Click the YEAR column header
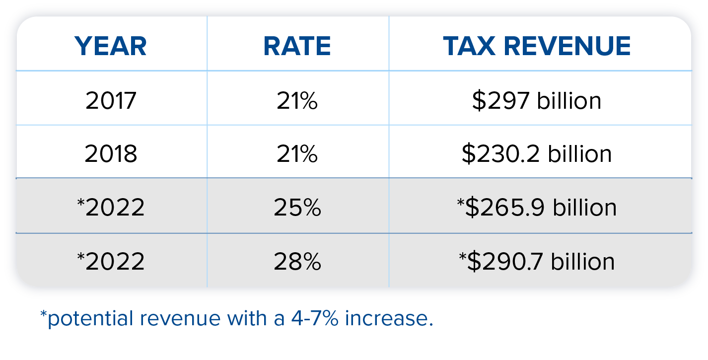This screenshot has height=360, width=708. (x=111, y=46)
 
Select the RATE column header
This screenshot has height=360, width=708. (x=297, y=46)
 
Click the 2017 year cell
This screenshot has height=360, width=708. (x=111, y=101)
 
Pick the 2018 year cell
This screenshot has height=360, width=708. (x=111, y=154)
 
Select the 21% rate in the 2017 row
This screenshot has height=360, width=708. (x=297, y=101)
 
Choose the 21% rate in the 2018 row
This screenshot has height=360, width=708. (x=297, y=154)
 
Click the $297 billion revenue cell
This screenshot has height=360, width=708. (x=536, y=101)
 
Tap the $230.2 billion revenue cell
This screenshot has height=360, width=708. (x=536, y=154)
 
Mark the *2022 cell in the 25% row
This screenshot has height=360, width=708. (x=111, y=208)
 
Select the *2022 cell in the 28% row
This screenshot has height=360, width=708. (x=111, y=261)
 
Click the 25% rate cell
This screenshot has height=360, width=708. (x=297, y=208)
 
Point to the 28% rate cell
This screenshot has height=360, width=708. (x=297, y=261)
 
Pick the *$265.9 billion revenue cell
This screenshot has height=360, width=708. (x=536, y=208)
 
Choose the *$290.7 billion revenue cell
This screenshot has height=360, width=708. (x=536, y=261)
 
